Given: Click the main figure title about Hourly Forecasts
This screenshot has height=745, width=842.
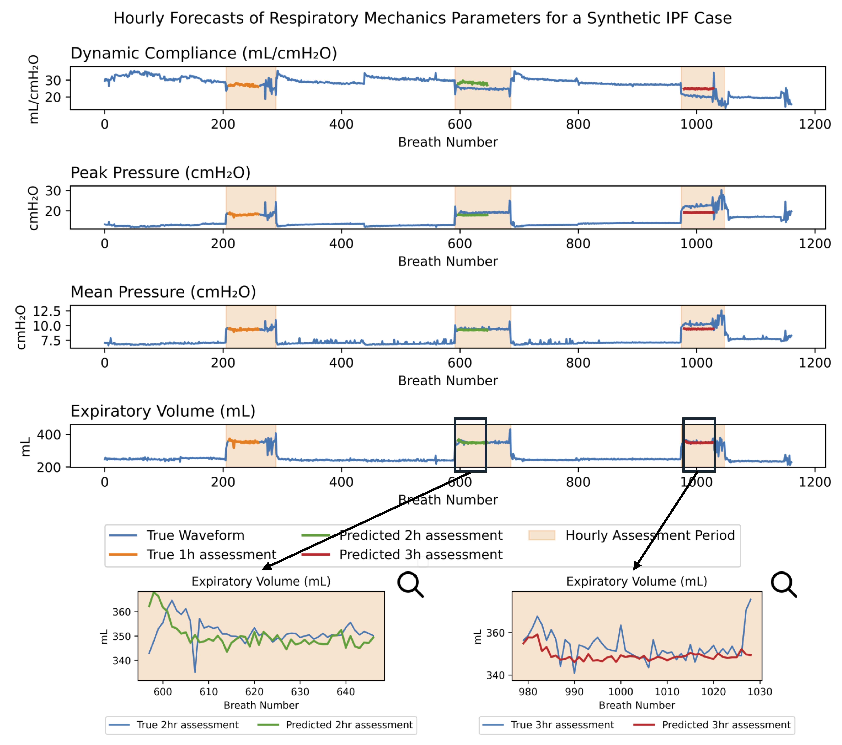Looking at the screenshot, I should point(422,18).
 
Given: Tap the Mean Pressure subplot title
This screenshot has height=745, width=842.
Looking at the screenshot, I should point(163,292).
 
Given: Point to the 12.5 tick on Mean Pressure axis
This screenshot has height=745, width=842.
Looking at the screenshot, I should point(47,311).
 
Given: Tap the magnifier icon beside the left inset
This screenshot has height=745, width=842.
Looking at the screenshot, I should point(410,584).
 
